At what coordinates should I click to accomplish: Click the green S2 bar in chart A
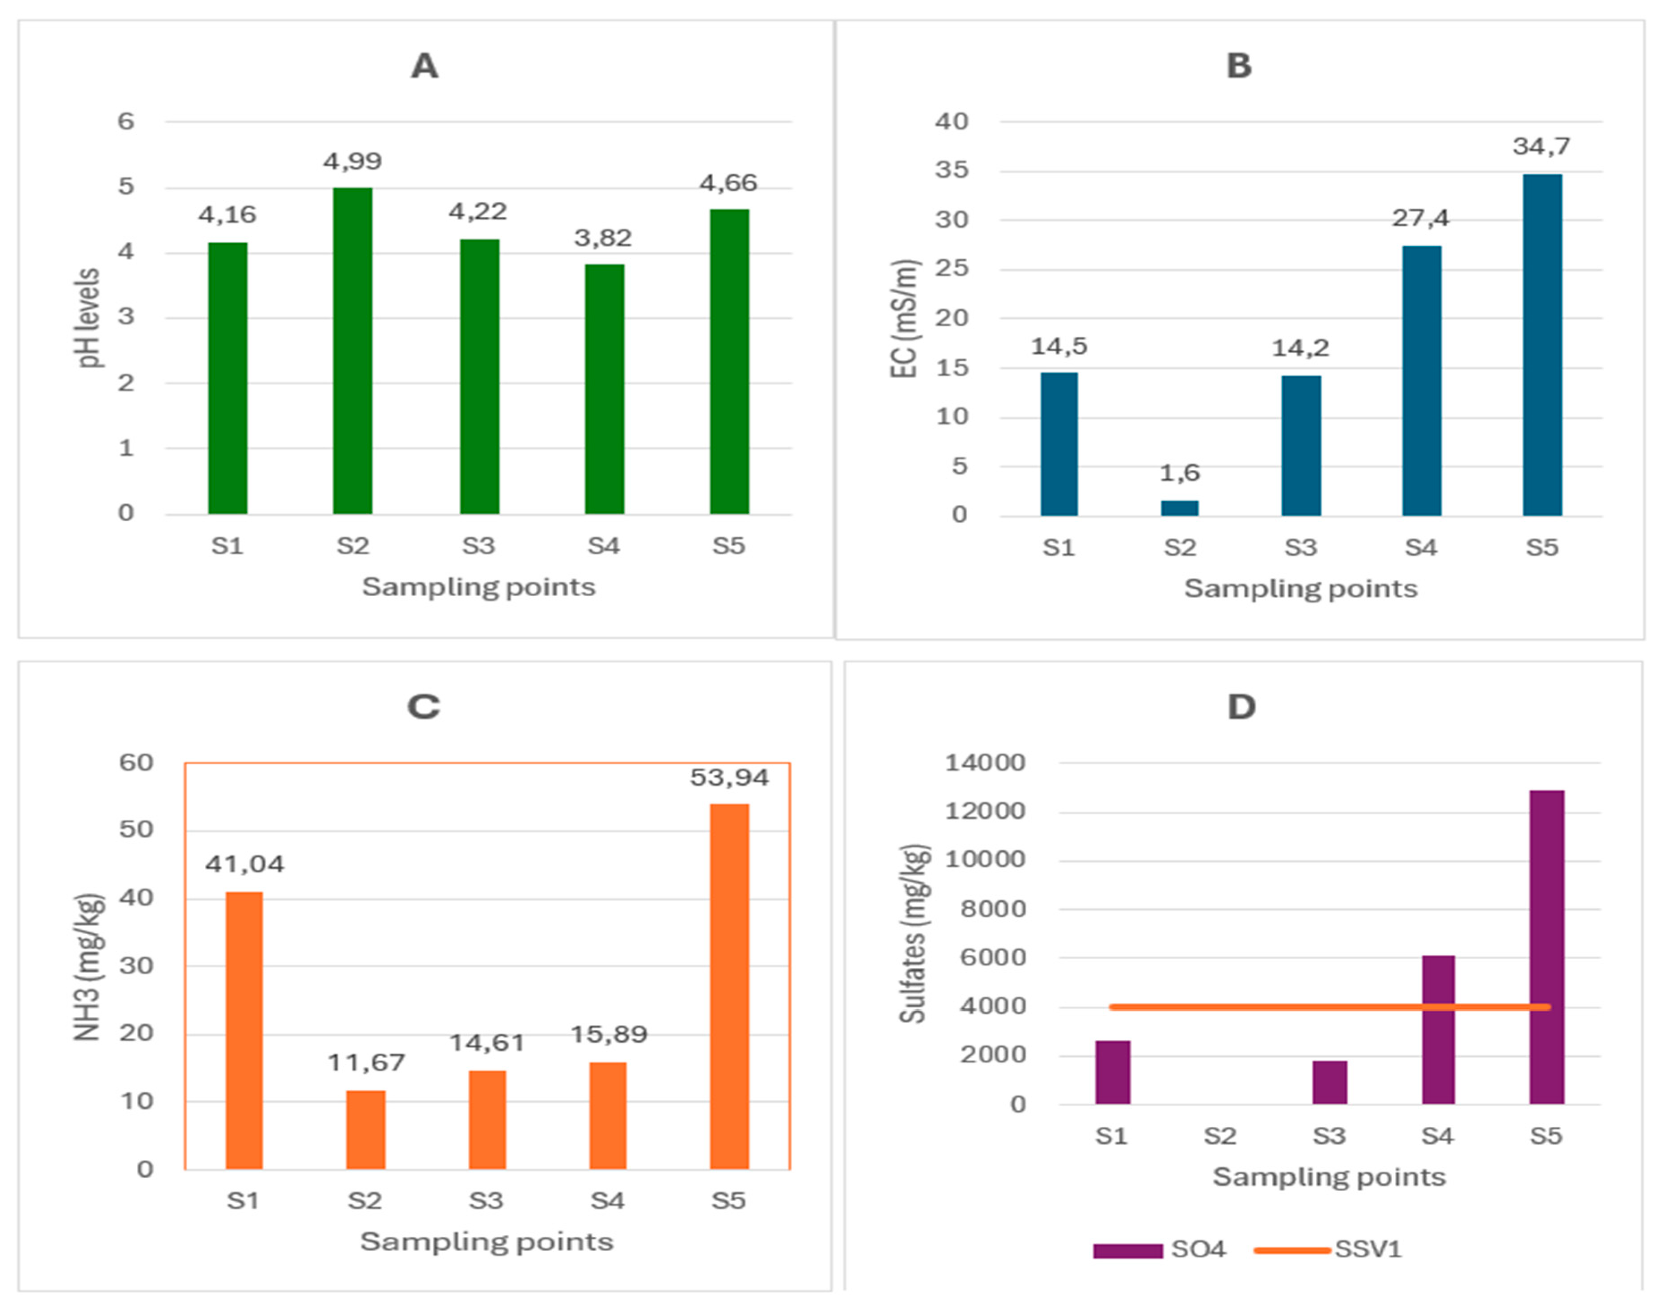point(352,351)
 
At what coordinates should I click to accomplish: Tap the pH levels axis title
point(90,318)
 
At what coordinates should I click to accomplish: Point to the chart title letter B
point(1238,66)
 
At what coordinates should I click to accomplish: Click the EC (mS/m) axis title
point(905,319)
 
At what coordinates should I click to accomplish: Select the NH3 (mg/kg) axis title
point(89,967)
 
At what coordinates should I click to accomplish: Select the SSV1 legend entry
point(1328,1250)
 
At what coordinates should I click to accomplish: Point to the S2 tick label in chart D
point(1219,1136)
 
